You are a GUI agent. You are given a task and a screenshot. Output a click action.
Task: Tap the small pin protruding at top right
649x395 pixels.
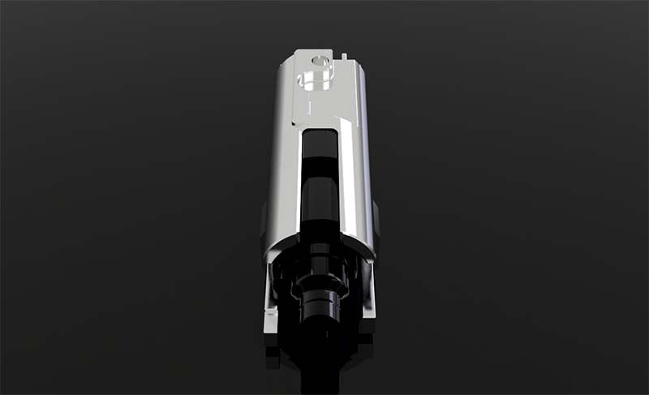tap(345, 56)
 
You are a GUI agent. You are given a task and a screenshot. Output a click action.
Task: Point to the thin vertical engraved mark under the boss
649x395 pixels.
tap(310, 106)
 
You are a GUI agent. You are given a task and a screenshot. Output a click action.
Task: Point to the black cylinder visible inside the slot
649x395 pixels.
tap(319, 199)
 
